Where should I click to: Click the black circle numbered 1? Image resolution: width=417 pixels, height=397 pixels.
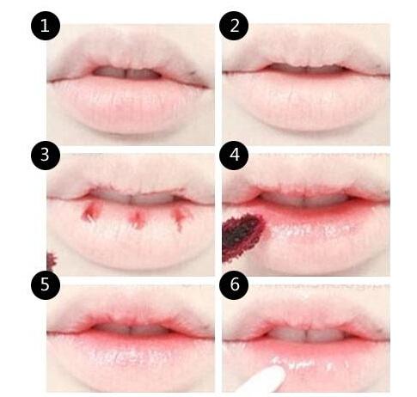coord(46,26)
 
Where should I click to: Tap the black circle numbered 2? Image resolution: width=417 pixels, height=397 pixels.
coord(234,26)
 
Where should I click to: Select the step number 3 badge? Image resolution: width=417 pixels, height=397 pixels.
coord(46,155)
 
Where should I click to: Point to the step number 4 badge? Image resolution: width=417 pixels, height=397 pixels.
coord(234,155)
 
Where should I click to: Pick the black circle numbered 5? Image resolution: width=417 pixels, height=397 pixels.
coord(46,284)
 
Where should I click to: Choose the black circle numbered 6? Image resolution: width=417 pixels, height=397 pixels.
coord(234,284)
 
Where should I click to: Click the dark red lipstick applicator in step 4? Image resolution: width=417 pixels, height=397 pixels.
coord(242,236)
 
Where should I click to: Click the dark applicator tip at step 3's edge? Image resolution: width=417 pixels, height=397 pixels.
coord(51,261)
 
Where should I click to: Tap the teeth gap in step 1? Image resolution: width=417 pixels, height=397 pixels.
coord(126,73)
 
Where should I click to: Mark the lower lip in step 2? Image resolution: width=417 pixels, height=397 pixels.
coord(306,101)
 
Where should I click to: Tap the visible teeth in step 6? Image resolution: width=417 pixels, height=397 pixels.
coord(306,334)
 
